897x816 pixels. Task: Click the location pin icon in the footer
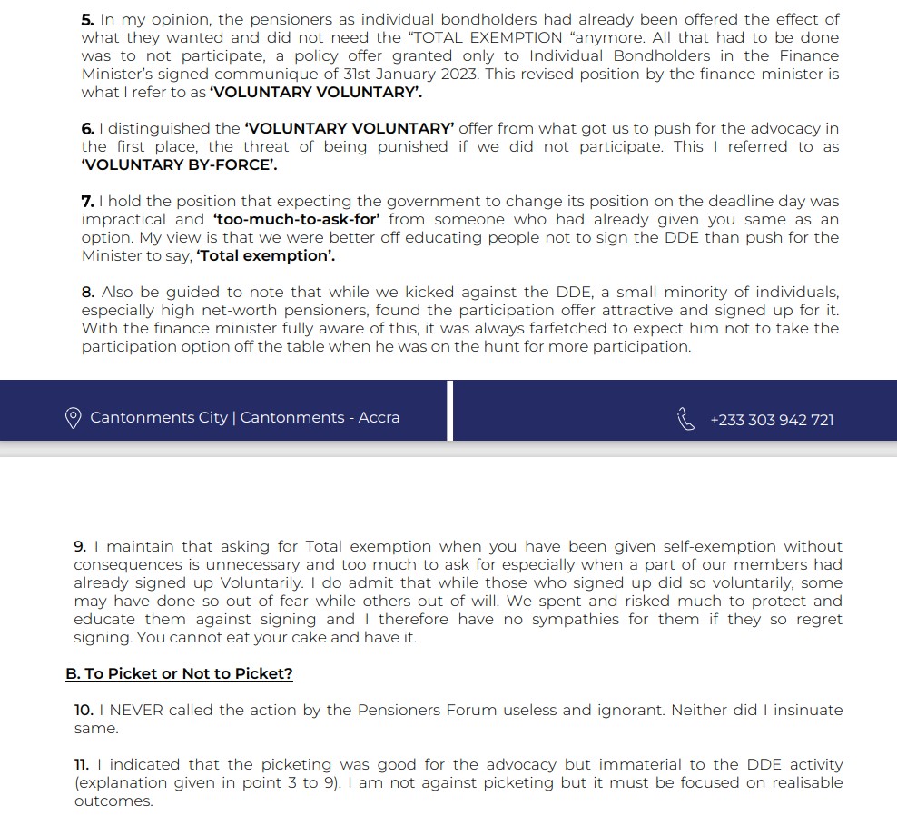(74, 418)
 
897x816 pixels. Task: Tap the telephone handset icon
(685, 419)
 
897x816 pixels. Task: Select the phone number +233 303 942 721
(772, 420)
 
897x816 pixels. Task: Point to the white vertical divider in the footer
(450, 411)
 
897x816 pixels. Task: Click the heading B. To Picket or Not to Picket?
(179, 673)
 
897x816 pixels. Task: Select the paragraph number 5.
(87, 19)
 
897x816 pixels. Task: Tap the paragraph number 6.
(87, 128)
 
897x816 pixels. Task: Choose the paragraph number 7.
(87, 201)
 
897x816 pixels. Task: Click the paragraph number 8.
(87, 292)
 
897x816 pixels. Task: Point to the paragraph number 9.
(80, 546)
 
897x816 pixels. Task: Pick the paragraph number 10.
(84, 710)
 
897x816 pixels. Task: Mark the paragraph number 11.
(83, 764)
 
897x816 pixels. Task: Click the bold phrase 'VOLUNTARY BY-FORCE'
(179, 164)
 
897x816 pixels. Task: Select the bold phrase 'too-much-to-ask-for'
(296, 219)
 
